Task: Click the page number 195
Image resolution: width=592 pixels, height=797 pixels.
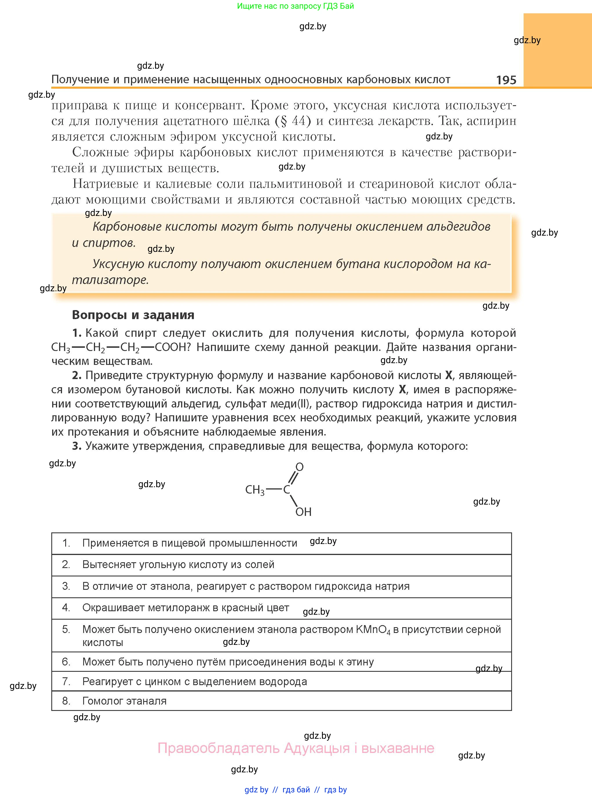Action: click(506, 80)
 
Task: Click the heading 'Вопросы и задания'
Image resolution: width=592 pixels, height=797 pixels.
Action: click(133, 315)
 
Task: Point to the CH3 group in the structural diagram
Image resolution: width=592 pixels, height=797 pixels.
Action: click(254, 490)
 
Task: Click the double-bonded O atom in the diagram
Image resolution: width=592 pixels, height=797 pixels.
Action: click(300, 467)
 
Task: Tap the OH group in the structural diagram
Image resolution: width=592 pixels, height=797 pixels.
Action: click(303, 512)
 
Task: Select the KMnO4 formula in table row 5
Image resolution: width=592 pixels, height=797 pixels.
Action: click(373, 630)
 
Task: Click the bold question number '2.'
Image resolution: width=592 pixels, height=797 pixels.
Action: click(77, 375)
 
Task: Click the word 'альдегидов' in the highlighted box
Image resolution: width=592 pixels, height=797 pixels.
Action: click(458, 226)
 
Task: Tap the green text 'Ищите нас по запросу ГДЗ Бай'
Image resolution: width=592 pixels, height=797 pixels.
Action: click(295, 6)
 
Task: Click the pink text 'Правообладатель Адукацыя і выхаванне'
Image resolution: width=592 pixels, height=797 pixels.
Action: click(296, 748)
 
